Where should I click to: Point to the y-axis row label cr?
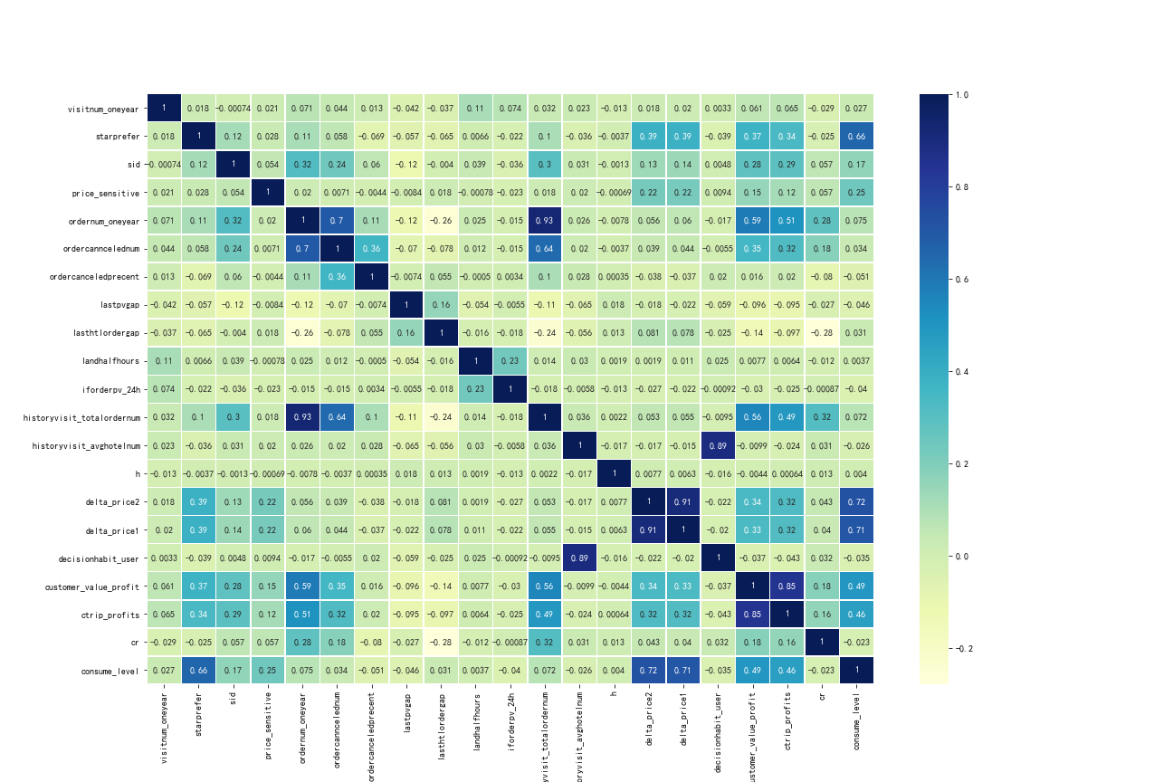point(136,642)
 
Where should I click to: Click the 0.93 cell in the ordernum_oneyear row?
point(545,220)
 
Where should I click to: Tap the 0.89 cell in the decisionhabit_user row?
point(579,558)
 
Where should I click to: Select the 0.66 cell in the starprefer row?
point(856,136)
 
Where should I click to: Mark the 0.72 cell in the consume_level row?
point(648,670)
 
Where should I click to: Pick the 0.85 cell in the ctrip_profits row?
point(752,614)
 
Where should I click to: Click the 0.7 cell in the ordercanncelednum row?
point(302,248)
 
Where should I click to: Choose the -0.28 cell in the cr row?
point(441,642)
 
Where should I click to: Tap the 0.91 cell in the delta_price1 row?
point(648,529)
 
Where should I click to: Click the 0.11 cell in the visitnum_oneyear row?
point(475,108)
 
